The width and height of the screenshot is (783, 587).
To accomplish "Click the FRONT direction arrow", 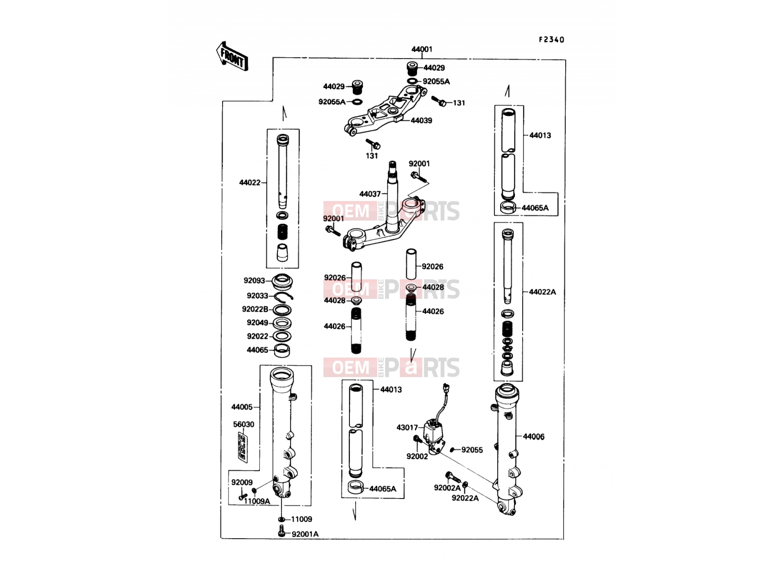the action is point(232,56).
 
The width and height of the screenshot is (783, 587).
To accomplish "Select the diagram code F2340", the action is point(552,40).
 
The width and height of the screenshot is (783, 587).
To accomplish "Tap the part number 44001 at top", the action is point(422,49).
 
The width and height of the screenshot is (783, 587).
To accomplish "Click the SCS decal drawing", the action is point(243,448).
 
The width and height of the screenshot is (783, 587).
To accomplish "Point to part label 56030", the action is point(244,425).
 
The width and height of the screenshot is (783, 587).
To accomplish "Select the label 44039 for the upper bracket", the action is point(421,120).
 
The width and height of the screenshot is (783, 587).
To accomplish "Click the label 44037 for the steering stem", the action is point(370,194).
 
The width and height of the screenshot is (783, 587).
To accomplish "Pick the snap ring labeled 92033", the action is point(284,296).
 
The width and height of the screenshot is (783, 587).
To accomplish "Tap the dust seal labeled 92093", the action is point(282,282).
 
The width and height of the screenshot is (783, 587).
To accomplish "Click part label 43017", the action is point(407,428).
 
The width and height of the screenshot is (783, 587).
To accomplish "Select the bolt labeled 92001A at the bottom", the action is point(281,531).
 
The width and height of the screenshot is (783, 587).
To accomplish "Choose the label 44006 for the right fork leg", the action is point(533,437).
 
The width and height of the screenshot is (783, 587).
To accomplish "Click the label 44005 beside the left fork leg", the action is point(242,407).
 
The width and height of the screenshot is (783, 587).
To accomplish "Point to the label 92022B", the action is point(254,309).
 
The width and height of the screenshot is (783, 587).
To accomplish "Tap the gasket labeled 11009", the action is point(281,519).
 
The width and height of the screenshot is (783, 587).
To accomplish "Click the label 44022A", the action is point(542,292).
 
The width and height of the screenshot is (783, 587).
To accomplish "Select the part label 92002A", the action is point(447,488).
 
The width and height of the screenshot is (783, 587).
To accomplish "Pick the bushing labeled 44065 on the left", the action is point(282,351).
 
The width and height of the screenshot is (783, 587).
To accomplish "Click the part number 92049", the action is point(257,322).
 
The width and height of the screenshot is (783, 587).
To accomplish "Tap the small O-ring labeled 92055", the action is point(453,450).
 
